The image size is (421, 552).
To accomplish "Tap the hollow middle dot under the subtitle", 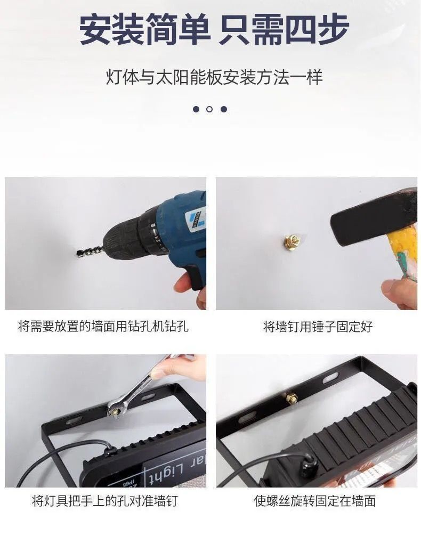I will tap(209, 109).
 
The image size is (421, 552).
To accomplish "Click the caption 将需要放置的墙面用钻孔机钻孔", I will tap(103, 326).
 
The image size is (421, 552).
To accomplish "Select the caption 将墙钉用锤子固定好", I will tap(318, 326).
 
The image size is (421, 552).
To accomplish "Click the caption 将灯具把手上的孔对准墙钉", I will tap(104, 501).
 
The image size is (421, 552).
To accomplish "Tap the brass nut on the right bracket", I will tap(292, 397).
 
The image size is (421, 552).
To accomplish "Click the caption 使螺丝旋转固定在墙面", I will tap(315, 501).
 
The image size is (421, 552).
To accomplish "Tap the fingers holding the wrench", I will tap(184, 368).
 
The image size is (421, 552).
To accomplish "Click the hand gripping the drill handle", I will tap(192, 285).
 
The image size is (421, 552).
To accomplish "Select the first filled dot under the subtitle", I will tap(196, 109).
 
